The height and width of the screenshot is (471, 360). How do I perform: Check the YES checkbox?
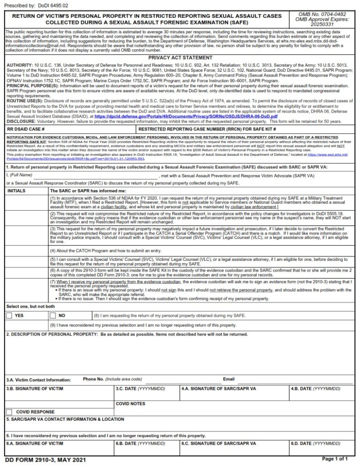point(9,316)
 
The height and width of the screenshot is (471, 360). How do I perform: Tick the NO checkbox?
point(52,316)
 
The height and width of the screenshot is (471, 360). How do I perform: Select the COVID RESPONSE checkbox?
point(9,411)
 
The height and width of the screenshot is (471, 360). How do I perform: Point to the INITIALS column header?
point(16,191)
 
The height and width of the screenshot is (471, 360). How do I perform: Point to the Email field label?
point(229,379)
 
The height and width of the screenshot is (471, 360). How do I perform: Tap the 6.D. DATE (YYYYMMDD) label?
point(315,443)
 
